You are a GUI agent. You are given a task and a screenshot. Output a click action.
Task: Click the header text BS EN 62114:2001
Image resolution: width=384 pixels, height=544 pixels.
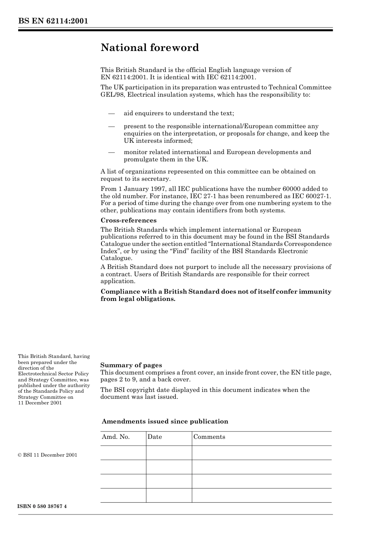53,21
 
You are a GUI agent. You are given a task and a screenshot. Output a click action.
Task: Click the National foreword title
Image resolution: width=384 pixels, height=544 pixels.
150,48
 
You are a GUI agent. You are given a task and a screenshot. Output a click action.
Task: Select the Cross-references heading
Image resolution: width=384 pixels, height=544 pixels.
128,220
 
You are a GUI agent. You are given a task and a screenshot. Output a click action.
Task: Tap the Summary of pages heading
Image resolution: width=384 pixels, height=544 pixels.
131,365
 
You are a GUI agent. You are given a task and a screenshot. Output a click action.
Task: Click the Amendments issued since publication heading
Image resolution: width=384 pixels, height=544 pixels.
165,421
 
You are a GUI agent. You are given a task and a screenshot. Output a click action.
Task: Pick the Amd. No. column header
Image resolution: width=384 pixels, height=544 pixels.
116,437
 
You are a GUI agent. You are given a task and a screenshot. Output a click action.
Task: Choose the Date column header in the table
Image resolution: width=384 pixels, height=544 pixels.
154,437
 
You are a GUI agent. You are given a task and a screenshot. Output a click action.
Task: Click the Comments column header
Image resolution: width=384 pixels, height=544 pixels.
209,437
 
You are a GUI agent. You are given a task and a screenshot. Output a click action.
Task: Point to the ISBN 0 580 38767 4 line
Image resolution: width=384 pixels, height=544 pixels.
42,506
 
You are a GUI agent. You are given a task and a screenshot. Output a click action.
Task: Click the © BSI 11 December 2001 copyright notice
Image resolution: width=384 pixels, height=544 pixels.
48,455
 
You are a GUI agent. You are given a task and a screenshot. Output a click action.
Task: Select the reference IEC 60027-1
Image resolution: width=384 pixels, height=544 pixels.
314,196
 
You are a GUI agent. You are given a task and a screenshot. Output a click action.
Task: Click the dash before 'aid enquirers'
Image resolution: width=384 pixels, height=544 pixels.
112,113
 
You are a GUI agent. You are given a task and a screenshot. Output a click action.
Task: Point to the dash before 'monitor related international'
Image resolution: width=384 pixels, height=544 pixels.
112,152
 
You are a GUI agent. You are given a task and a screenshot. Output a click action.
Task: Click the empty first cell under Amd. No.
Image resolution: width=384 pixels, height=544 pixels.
123,453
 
